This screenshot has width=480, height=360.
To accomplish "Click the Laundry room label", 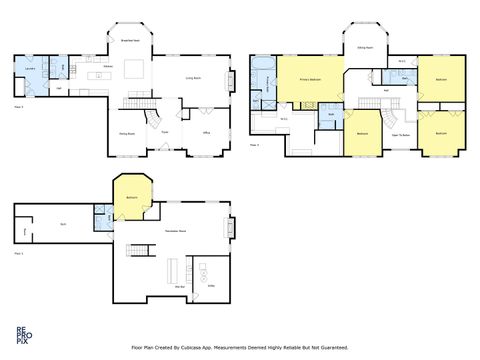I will [x=30, y=68].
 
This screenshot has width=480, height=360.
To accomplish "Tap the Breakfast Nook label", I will [x=130, y=40].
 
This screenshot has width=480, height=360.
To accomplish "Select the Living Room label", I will [x=193, y=77].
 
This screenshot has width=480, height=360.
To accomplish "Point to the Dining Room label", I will [x=128, y=133].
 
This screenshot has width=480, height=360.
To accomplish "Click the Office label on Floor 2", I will [x=205, y=132].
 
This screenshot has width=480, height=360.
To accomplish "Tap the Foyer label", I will [x=165, y=132].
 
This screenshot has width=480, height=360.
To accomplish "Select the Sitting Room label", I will [x=367, y=47].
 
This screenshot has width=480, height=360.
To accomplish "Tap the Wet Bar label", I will [x=181, y=287].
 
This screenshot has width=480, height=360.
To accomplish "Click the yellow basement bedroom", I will [x=132, y=196].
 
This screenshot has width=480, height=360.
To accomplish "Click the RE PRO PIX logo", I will [x=22, y=333].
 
